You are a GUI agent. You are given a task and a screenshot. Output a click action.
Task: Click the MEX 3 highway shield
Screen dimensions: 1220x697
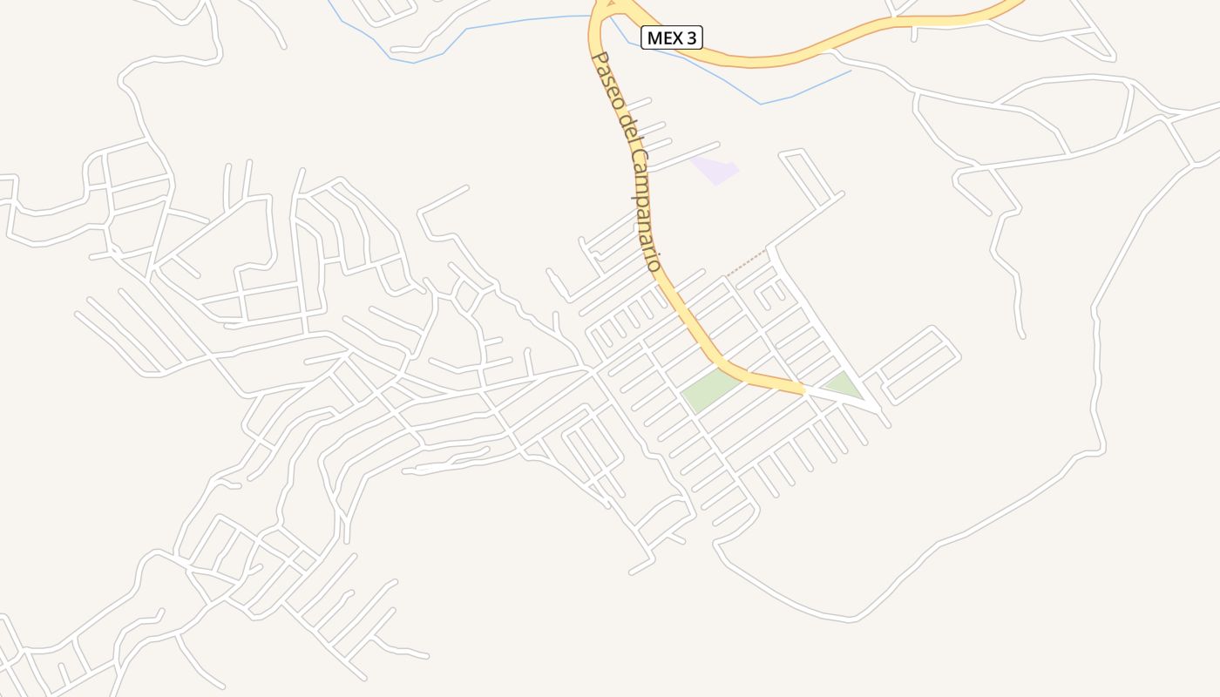[671, 37]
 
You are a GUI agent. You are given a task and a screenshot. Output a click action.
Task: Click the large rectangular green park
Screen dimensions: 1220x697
[710, 389]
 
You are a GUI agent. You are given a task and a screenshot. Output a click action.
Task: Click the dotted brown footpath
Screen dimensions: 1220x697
[747, 263]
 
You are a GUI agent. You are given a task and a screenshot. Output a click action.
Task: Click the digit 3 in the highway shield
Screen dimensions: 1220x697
[690, 37]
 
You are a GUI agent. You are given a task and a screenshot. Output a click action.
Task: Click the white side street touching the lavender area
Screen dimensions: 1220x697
[685, 154]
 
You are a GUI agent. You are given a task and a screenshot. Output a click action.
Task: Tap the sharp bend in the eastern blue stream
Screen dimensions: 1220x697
[761, 105]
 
